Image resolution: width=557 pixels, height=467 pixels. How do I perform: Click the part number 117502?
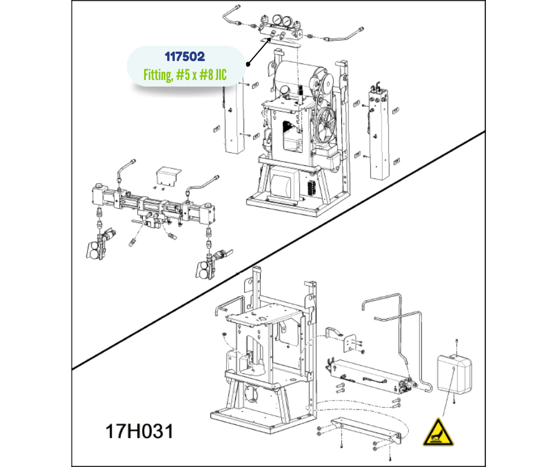tap(185, 56)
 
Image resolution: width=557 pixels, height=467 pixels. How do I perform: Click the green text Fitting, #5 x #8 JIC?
tap(185, 75)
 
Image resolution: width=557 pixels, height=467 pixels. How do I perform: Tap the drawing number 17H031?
tap(139, 431)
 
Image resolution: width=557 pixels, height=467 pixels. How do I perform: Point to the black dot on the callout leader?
tap(248, 65)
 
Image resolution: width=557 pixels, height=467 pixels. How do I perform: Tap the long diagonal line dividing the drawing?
tap(278, 250)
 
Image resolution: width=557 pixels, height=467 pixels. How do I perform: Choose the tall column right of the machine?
tap(379, 133)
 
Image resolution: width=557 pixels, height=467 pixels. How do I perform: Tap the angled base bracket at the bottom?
tap(366, 431)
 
